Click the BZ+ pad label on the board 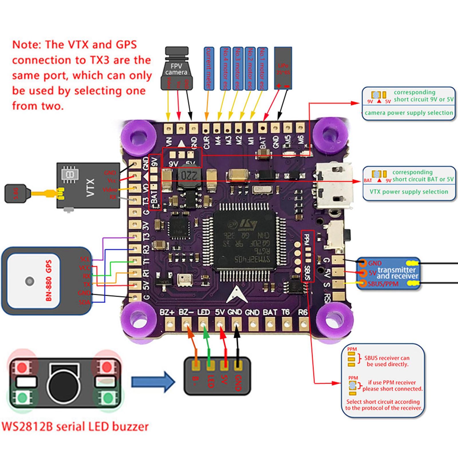(x=167, y=312)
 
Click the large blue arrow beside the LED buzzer (x=153, y=382)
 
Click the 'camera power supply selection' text (x=409, y=113)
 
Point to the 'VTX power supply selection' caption (x=409, y=192)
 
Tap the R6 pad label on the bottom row (x=303, y=312)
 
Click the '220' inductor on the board (x=187, y=176)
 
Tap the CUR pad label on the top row (x=206, y=142)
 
